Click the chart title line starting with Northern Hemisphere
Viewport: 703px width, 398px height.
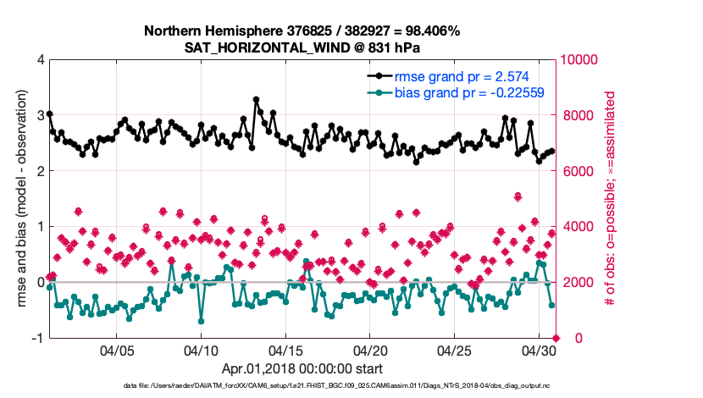pos(302,30)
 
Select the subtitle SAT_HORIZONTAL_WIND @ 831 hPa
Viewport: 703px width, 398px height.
pos(302,47)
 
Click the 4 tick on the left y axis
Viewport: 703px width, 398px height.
pos(40,60)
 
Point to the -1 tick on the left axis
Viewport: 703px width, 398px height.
pos(37,338)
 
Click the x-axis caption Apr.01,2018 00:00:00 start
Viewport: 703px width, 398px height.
pos(302,368)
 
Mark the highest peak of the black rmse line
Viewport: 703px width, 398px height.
pos(256,100)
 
